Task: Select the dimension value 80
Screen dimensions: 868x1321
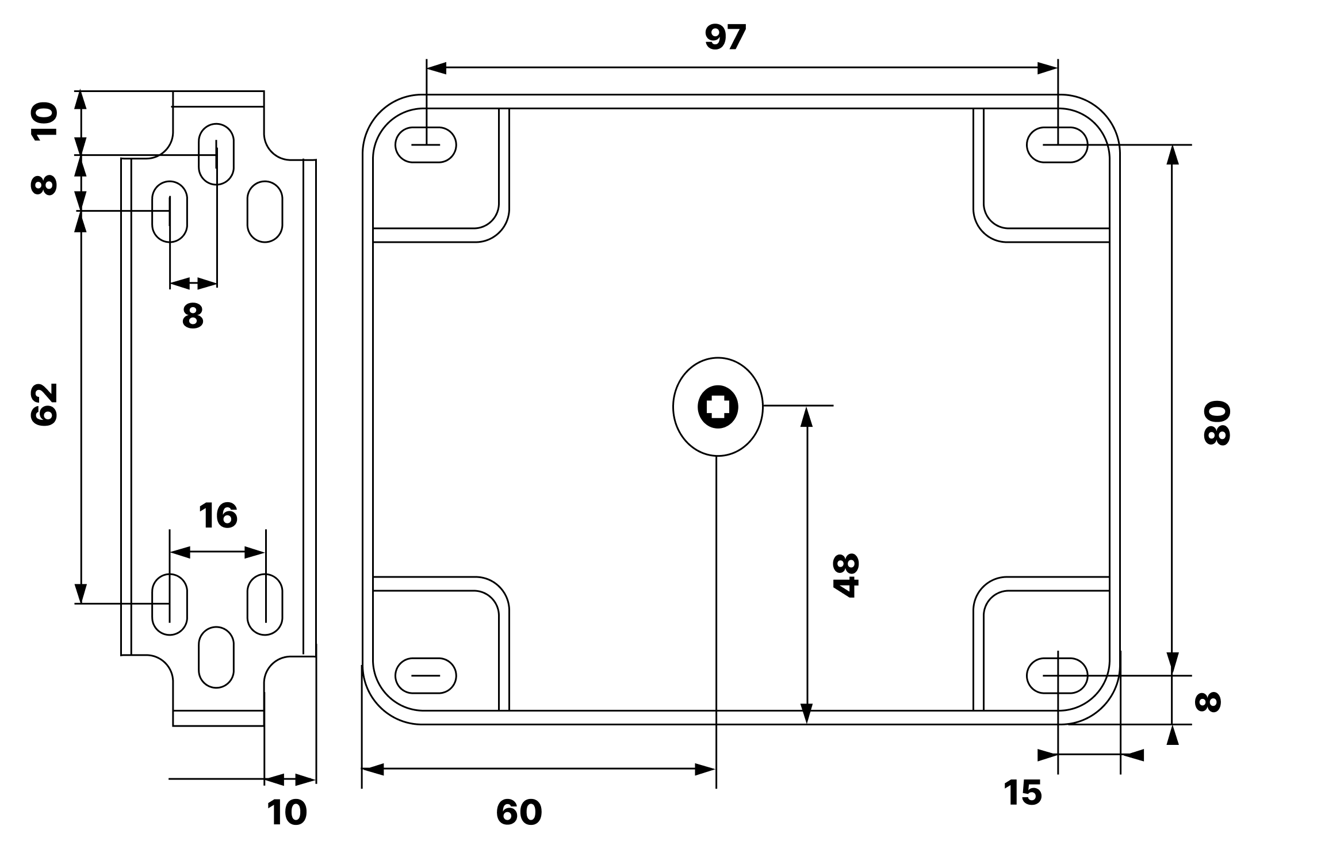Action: (1216, 423)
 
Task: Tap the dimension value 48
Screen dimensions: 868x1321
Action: (846, 576)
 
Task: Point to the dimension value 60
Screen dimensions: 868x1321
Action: (519, 812)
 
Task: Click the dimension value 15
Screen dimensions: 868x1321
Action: (1023, 793)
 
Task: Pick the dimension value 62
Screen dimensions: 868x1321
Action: (44, 404)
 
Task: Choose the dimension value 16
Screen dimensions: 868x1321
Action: (217, 515)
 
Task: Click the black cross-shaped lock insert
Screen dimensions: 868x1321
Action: (717, 407)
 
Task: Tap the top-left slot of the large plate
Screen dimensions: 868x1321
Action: (426, 144)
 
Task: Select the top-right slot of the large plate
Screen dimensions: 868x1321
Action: (1057, 144)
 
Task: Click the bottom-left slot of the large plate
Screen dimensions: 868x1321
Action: (426, 675)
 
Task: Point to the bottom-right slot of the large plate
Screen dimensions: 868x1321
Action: (1057, 675)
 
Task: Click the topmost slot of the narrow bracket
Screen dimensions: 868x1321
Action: (216, 154)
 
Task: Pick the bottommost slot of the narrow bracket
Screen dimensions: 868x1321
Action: (216, 657)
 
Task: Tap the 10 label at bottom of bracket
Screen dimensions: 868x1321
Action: (286, 812)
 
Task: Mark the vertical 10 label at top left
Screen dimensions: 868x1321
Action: (44, 121)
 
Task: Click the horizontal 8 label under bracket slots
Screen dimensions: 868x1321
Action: (193, 316)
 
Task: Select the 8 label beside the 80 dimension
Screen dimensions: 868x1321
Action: (1208, 702)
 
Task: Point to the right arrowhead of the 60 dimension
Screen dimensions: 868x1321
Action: (706, 770)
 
